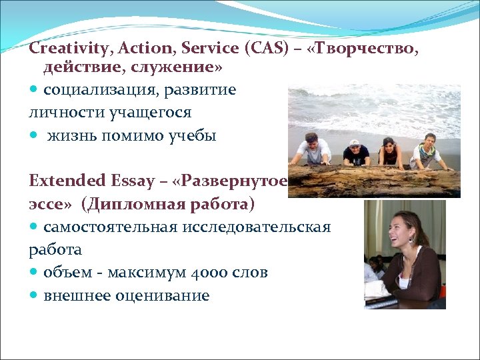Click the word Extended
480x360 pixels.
[58, 181]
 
